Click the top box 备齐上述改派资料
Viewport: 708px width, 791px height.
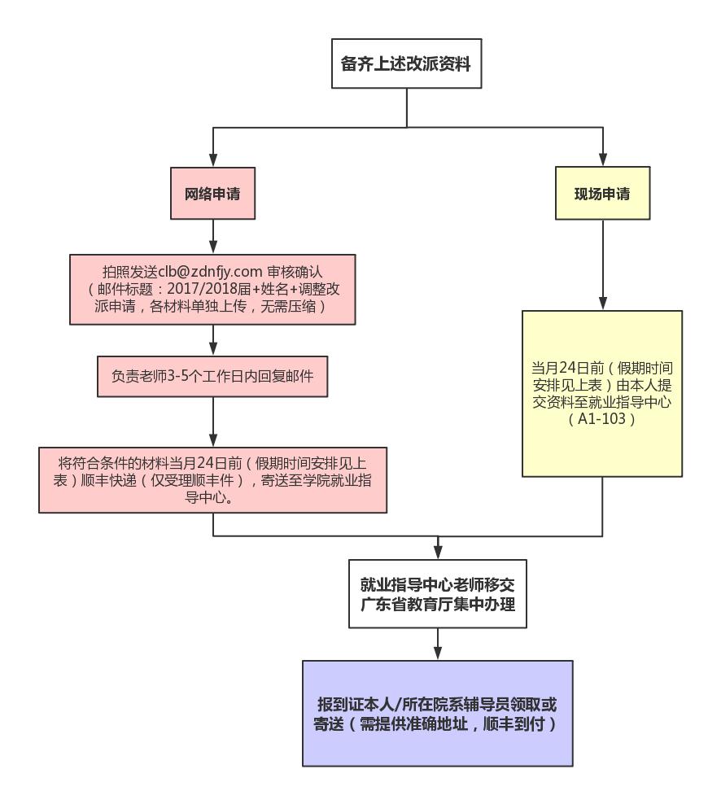[x=406, y=63]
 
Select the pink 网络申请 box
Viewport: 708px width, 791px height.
[x=212, y=194]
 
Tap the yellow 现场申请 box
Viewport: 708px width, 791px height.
[x=602, y=194]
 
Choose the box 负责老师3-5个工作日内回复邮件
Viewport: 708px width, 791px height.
[x=212, y=377]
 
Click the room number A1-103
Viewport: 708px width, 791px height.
[x=601, y=420]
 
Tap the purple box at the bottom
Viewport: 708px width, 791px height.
[x=438, y=714]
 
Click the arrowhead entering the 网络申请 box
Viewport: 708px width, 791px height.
[x=213, y=160]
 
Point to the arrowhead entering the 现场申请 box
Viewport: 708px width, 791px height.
[x=602, y=160]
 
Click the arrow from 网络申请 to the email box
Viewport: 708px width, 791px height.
[x=213, y=237]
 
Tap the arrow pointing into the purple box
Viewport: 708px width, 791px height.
[x=438, y=645]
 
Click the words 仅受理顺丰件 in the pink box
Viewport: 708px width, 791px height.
[x=188, y=480]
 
